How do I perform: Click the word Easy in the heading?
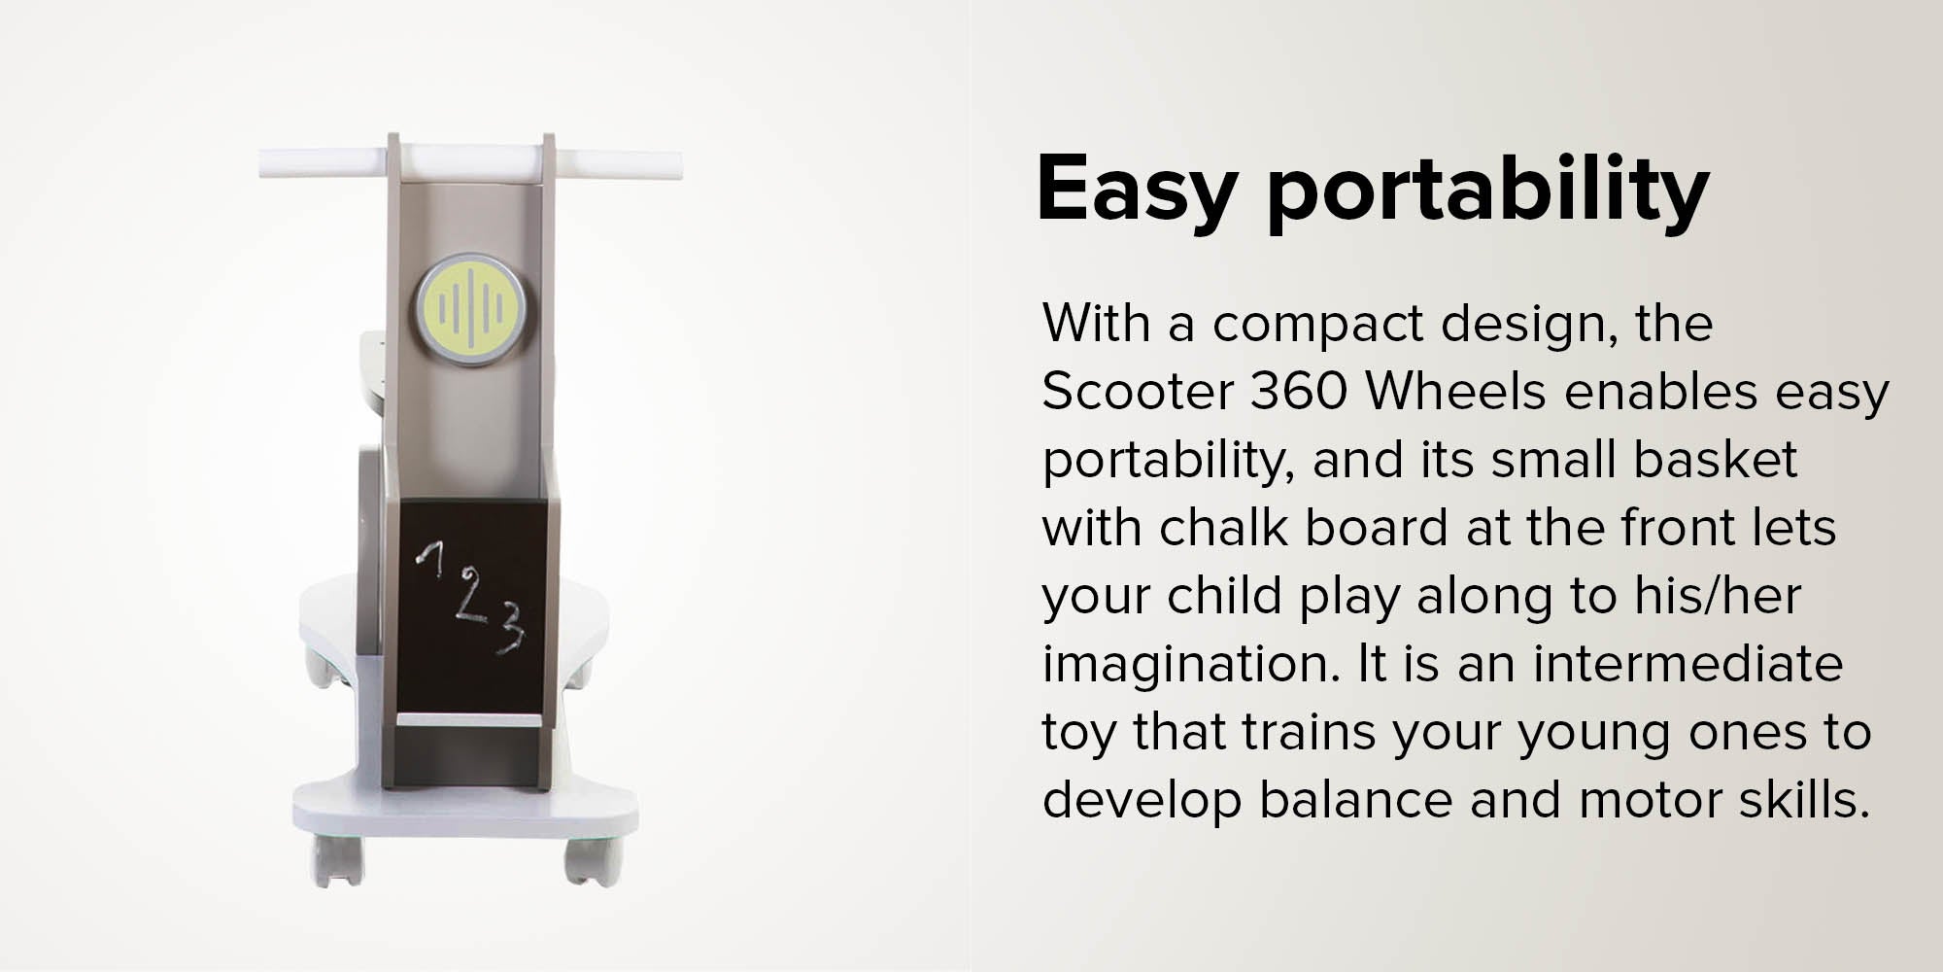[x=1135, y=191]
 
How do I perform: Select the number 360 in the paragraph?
[x=1298, y=392]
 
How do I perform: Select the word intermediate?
[x=1687, y=664]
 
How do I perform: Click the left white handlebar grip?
[x=325, y=162]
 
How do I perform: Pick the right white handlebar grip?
[x=618, y=162]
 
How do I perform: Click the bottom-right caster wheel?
[x=590, y=863]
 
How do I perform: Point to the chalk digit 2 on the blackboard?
[x=471, y=596]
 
